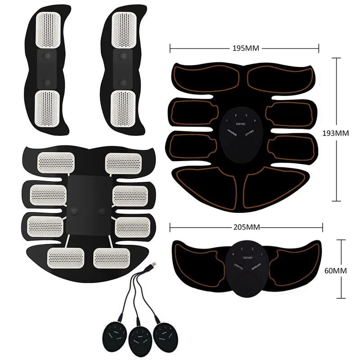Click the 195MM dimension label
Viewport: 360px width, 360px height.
pyautogui.click(x=244, y=47)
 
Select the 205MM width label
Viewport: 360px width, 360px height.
pyautogui.click(x=244, y=228)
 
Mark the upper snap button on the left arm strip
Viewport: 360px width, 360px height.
pyautogui.click(x=47, y=56)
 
